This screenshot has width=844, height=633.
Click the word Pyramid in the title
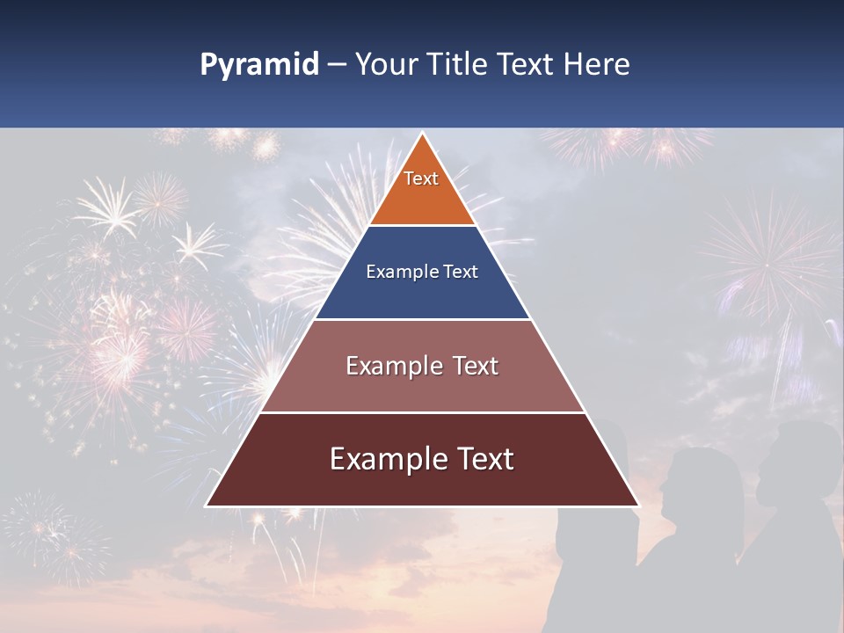coord(258,65)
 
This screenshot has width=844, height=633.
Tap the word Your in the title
coord(383,65)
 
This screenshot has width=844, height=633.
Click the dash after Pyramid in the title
coord(336,66)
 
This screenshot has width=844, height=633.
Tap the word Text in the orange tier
coord(421,178)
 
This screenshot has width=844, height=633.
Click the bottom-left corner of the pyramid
coord(207,506)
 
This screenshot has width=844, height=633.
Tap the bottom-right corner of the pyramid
coord(637,506)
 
